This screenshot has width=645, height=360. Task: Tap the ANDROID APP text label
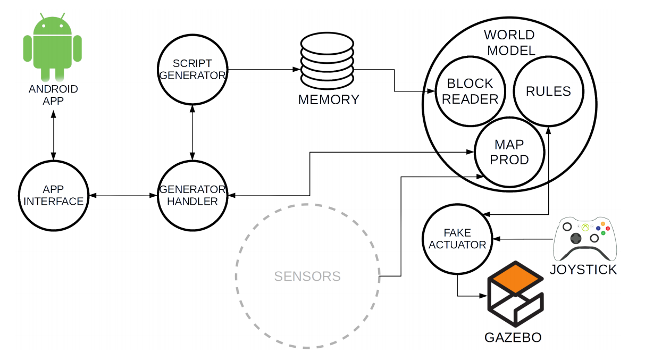(53, 95)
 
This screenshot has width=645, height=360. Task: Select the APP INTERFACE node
(53, 196)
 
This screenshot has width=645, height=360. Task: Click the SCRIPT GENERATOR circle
(192, 70)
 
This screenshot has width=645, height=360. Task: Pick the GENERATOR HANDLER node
(192, 195)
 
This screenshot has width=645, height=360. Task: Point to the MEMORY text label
(329, 99)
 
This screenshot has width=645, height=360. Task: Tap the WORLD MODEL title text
(509, 43)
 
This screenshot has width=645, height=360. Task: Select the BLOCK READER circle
(470, 91)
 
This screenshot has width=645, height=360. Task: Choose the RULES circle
(548, 91)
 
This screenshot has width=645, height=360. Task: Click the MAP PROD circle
(509, 152)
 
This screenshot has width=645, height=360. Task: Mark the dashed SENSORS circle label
(307, 277)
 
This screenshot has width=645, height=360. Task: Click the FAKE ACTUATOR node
(457, 239)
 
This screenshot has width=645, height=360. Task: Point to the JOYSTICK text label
(583, 270)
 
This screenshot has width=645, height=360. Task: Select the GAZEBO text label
(513, 337)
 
